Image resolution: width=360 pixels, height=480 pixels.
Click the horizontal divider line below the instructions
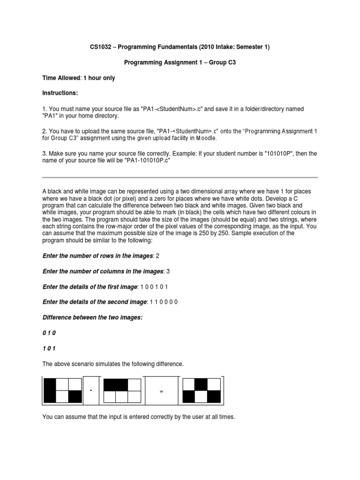point(180,178)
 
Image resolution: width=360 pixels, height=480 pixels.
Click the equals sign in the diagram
point(161,391)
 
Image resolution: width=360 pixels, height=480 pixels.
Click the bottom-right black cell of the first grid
point(75,397)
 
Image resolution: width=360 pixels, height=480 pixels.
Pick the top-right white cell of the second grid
point(135,385)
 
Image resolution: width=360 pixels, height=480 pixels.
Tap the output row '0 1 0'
point(49,333)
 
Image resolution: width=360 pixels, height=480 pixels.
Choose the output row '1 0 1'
point(49,348)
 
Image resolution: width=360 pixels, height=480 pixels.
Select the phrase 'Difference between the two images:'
point(92,317)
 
